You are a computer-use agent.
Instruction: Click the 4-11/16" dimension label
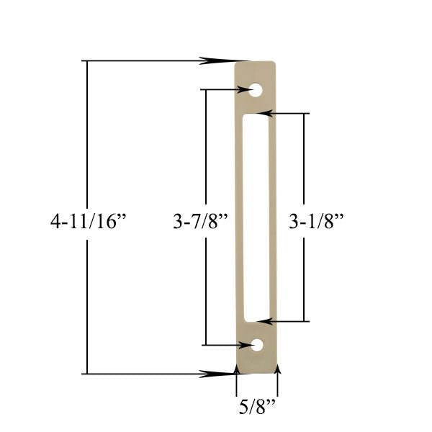(x=88, y=221)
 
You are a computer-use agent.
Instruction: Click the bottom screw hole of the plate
(x=256, y=346)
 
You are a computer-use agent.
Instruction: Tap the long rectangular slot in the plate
(x=256, y=216)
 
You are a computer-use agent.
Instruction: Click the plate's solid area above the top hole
(x=256, y=72)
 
